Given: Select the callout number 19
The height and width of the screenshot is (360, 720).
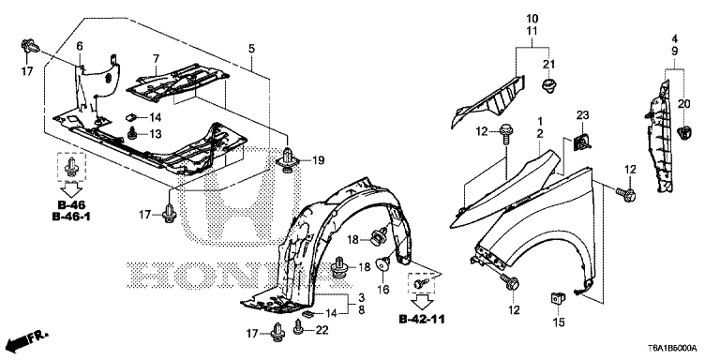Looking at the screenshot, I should pyautogui.click(x=318, y=159).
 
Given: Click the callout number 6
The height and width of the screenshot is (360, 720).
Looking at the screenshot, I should pyautogui.click(x=80, y=46).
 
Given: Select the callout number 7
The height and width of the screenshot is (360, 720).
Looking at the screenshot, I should pyautogui.click(x=157, y=58).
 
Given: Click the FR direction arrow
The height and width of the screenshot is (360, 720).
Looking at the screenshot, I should pyautogui.click(x=27, y=340).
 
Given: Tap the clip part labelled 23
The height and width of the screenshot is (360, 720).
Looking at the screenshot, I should pyautogui.click(x=581, y=142).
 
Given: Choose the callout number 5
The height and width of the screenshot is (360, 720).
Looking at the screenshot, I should pyautogui.click(x=251, y=48).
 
